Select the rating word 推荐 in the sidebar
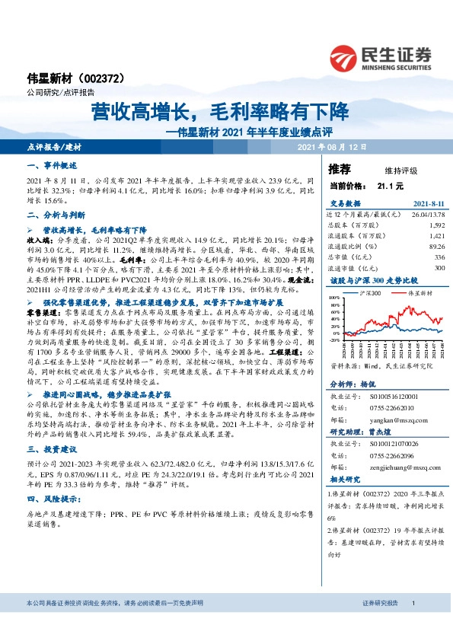(340, 168)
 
